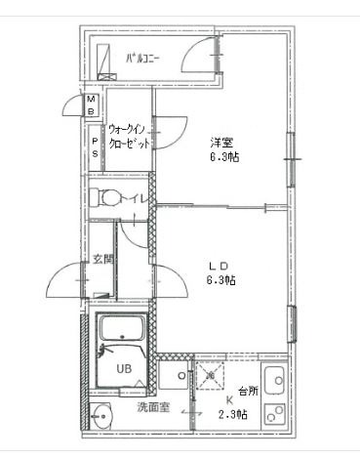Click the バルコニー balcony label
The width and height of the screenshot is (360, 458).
142,59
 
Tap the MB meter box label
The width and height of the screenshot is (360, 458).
92,104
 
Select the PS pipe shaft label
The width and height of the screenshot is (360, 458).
95,147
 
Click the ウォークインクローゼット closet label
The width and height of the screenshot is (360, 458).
130,137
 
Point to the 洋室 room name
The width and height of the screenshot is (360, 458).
221,143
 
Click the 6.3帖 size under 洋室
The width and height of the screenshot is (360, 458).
224,157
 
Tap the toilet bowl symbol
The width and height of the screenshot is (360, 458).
106,197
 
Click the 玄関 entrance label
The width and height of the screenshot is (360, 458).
103,260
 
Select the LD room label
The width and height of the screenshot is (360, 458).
219,266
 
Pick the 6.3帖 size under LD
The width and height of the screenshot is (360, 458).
221,280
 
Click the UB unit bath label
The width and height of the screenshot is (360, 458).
124,369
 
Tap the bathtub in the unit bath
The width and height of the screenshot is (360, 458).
122,327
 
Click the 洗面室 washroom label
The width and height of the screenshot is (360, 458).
153,407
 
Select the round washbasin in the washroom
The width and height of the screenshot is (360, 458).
101,416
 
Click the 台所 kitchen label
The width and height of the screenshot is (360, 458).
249,391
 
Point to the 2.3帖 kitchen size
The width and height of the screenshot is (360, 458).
232,414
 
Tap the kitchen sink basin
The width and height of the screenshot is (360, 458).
274,380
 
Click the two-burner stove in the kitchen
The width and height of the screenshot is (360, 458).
275,414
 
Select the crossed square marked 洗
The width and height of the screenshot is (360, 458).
211,375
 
